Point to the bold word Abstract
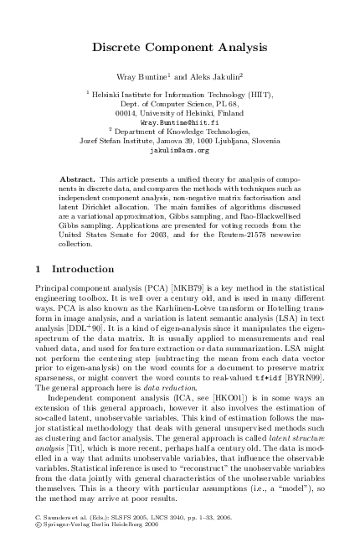point(77,179)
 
